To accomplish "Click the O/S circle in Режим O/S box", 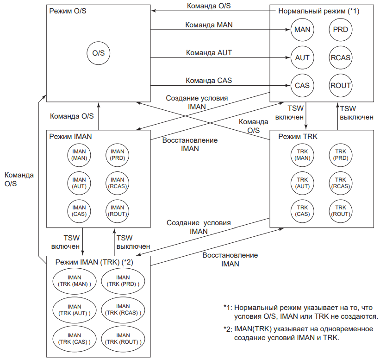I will [x=99, y=53].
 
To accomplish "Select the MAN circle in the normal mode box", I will [x=302, y=30].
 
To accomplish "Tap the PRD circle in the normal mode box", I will [x=340, y=30].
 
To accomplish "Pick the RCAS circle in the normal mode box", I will [x=340, y=58].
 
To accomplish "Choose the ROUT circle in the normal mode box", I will [x=340, y=85].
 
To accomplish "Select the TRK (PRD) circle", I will [x=340, y=155].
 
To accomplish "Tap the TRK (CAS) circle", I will [x=302, y=210].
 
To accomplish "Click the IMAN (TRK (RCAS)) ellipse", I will [x=123, y=309].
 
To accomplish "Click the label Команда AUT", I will [x=209, y=53].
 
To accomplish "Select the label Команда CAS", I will [x=209, y=80].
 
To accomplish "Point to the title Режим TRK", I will [x=298, y=137].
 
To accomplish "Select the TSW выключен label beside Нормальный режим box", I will [x=356, y=113].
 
